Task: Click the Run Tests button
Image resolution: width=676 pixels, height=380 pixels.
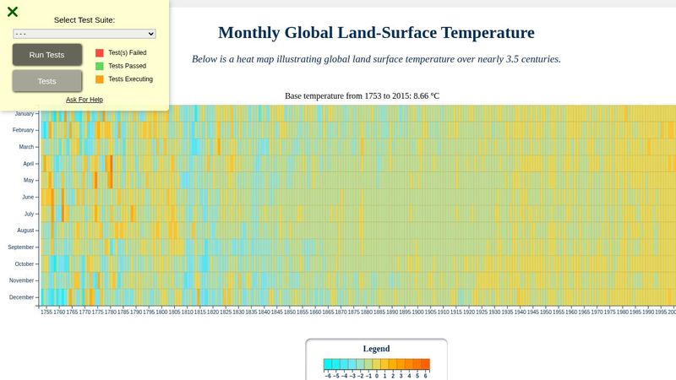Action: [47, 55]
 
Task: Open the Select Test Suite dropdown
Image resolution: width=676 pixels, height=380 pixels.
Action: [84, 34]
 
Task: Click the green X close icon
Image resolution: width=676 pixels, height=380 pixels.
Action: [13, 12]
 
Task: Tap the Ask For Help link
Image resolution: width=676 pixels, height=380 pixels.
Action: [84, 100]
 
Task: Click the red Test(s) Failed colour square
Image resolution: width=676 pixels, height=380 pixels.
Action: [100, 52]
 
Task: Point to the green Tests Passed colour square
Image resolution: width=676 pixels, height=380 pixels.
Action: [100, 66]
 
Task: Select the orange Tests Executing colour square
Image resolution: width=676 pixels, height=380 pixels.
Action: [100, 79]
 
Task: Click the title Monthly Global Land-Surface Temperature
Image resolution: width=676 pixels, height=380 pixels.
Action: [376, 33]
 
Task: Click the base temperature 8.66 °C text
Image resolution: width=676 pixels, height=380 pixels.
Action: [426, 96]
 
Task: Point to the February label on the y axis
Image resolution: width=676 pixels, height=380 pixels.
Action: [23, 130]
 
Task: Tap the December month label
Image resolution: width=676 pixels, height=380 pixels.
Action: [22, 297]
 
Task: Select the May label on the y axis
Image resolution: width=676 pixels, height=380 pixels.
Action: [29, 180]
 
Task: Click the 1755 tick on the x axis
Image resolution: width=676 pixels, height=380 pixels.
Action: [46, 312]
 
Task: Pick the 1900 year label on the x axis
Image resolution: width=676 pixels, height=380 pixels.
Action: [418, 312]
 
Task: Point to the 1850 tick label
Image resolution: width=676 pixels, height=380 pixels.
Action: [290, 312]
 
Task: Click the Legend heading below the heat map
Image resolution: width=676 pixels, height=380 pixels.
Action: [376, 349]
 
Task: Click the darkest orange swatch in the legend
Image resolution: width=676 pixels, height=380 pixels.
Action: [425, 365]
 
